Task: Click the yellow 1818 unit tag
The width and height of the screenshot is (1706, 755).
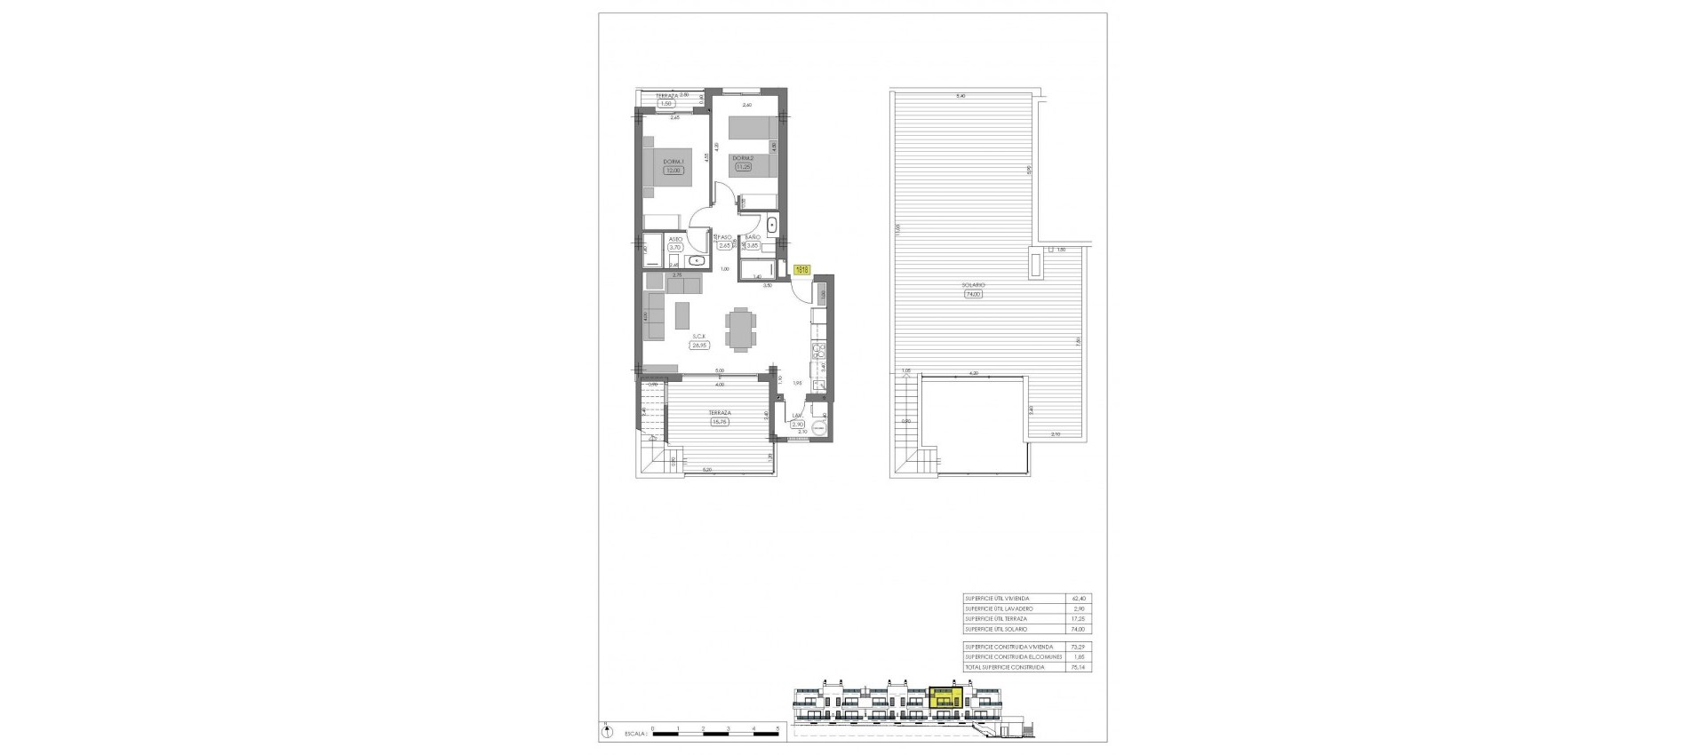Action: (801, 269)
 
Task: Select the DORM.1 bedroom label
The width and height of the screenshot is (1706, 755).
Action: (674, 161)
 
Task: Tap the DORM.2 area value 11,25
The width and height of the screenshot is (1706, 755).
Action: (743, 166)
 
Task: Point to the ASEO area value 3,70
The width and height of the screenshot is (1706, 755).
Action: (674, 248)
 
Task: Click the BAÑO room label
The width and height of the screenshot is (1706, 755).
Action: (753, 237)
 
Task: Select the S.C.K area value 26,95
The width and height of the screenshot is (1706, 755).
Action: (700, 346)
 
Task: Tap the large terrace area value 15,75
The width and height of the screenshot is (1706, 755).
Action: (719, 422)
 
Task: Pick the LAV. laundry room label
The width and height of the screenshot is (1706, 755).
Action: (797, 415)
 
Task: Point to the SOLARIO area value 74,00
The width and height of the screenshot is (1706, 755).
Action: (974, 294)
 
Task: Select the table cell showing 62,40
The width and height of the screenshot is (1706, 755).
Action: (1079, 599)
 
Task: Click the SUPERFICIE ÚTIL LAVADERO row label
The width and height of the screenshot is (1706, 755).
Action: (999, 608)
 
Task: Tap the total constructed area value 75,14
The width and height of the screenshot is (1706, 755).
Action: (1079, 666)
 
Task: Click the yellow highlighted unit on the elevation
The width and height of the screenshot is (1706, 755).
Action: (945, 696)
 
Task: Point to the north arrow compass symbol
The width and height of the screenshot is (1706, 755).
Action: (608, 733)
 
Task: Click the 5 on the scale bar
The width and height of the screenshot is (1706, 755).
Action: (777, 728)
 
